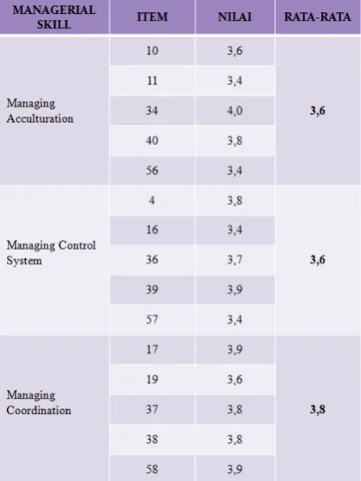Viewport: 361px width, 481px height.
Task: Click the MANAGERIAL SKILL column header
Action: pos(54,17)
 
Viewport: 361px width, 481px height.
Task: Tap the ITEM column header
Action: pos(152,17)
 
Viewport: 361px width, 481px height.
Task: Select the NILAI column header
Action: pos(235,17)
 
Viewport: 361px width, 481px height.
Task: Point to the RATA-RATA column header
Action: pos(318,17)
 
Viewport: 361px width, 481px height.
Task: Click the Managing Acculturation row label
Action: pos(40,111)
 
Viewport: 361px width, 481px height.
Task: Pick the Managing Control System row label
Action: pos(51,252)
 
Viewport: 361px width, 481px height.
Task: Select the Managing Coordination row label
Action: pos(39,402)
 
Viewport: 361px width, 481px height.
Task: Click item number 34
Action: pos(152,110)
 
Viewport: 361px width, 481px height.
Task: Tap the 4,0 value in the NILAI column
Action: pos(235,110)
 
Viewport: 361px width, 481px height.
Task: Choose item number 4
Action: pos(152,200)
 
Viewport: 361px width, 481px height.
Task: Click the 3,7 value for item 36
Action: pos(235,260)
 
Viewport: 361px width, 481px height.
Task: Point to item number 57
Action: pos(152,319)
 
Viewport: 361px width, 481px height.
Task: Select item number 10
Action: pos(152,50)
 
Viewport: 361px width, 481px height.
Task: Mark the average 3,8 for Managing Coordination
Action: pos(318,410)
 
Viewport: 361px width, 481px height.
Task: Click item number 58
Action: pos(152,470)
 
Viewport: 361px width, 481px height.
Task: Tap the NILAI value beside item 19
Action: pos(235,380)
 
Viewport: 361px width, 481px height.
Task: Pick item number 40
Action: pos(152,140)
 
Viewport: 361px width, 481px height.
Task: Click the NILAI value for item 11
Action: pos(235,81)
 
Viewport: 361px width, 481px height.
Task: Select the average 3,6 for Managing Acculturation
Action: pos(318,110)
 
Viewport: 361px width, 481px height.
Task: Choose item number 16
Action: pos(152,229)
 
